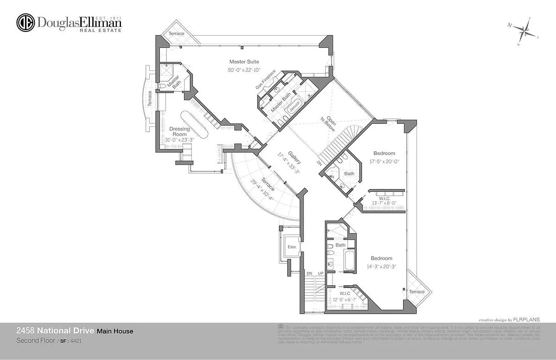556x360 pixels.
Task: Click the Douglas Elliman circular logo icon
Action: tap(26, 23)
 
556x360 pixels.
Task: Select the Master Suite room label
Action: tap(244, 62)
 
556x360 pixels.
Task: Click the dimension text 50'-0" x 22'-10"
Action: tap(244, 70)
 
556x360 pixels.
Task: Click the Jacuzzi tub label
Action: tap(295, 109)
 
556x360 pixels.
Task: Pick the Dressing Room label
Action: tap(179, 131)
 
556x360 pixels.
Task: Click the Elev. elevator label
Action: tap(292, 247)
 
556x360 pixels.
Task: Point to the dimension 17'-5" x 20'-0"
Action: tap(385, 161)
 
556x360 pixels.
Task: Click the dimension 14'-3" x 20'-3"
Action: tap(381, 266)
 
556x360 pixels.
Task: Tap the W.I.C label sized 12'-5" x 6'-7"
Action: tap(345, 293)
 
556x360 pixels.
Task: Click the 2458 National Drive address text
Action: tap(55, 331)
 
